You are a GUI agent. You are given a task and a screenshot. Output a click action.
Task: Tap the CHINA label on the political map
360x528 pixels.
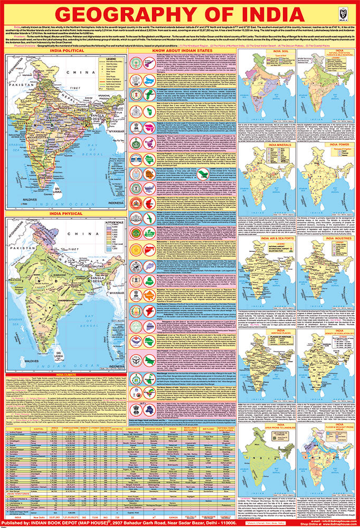pos(79,72)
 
